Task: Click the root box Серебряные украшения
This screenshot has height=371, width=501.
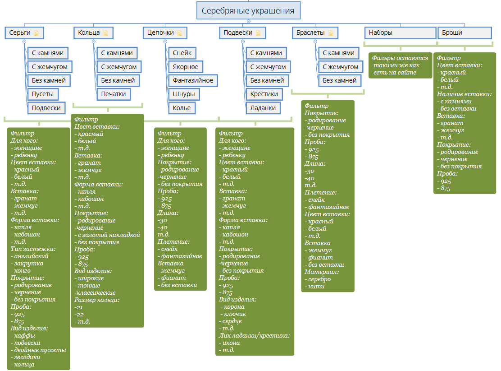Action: [248, 10]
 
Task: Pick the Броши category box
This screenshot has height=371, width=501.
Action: [464, 32]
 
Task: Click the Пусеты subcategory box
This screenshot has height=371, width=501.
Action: [43, 94]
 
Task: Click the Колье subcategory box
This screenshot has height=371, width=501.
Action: [182, 108]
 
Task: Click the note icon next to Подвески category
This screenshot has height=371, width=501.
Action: [258, 32]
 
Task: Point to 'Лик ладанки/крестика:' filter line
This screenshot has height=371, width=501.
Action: [254, 336]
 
